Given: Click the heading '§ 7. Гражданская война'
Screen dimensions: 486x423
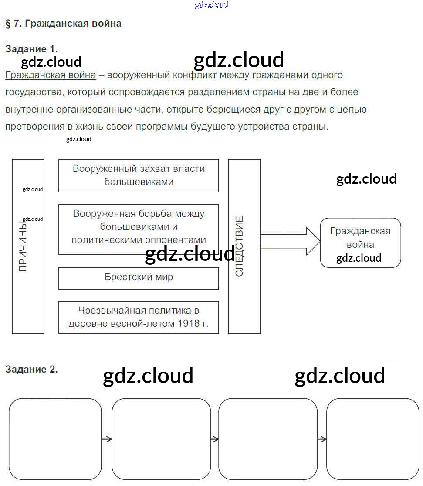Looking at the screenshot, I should click(x=63, y=24).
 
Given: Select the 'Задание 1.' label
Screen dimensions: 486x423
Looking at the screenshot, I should click(x=31, y=49).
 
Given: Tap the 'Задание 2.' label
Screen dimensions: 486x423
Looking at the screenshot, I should click(x=31, y=370).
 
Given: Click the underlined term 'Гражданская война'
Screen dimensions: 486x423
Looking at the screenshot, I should click(x=51, y=75).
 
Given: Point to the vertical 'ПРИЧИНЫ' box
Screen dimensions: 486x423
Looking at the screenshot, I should click(x=28, y=246).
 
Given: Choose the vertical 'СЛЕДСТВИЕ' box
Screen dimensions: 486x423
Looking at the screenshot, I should click(x=244, y=246).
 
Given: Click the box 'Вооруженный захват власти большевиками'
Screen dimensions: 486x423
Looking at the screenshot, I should click(x=139, y=175).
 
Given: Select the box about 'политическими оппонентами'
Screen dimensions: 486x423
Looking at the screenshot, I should click(x=139, y=229).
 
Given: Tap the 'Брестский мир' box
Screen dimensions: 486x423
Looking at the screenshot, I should click(x=139, y=278).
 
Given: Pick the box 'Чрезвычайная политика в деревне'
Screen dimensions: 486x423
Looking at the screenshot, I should click(x=139, y=317).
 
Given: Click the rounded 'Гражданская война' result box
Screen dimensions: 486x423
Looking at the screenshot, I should click(x=360, y=243).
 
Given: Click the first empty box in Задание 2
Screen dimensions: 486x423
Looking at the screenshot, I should click(x=55, y=439).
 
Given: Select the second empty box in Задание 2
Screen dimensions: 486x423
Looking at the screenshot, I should click(x=161, y=439).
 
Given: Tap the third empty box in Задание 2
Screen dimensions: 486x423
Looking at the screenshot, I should click(x=268, y=439).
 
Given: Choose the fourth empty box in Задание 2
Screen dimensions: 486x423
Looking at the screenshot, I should click(x=372, y=439).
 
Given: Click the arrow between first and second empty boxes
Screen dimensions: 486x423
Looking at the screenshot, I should click(x=107, y=439).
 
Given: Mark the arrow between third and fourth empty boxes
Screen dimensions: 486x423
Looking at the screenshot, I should click(x=322, y=439).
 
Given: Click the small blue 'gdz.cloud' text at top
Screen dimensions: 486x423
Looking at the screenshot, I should click(x=211, y=5).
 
